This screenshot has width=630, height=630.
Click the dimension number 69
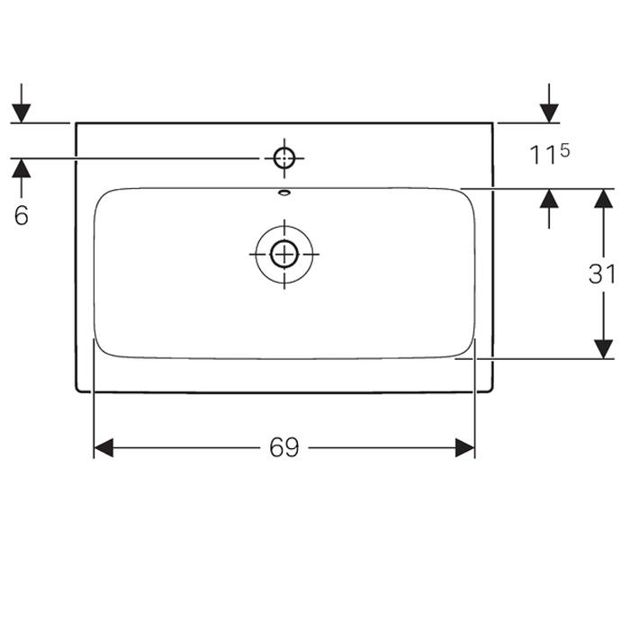[x=283, y=448]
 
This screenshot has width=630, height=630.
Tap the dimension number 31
[x=601, y=274]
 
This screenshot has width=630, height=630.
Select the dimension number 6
[x=22, y=216]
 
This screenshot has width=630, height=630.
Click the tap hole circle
[x=284, y=159]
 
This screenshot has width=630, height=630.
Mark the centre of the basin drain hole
[x=284, y=254]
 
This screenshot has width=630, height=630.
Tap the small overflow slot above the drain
[x=284, y=191]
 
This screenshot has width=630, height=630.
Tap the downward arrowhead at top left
[x=22, y=112]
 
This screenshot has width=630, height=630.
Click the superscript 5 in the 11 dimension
[x=564, y=149]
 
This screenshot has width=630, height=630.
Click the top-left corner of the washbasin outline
[x=76, y=123]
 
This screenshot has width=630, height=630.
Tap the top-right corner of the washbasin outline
[x=492, y=123]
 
